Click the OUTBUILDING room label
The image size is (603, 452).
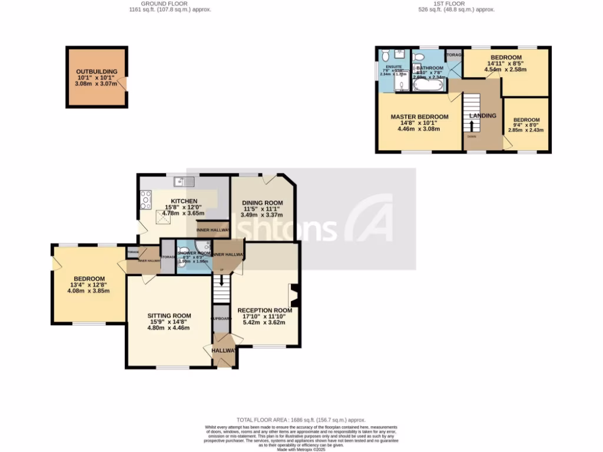coord(97,72)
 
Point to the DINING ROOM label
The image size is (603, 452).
coord(263,203)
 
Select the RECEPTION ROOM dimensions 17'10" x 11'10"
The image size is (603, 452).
coord(264,317)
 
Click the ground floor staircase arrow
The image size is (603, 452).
coord(222,270)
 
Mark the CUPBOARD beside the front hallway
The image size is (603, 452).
coord(221,318)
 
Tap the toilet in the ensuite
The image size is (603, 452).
coord(386,56)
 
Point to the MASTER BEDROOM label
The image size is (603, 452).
coord(419,117)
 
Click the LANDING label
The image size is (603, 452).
coord(482,115)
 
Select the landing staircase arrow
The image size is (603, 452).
coord(471,126)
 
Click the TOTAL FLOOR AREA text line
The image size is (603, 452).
coord(301,420)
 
